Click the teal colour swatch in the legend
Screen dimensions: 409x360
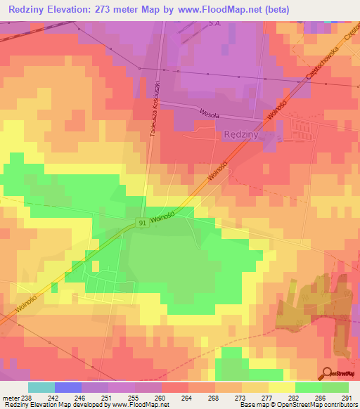41,387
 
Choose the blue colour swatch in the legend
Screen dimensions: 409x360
68,387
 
